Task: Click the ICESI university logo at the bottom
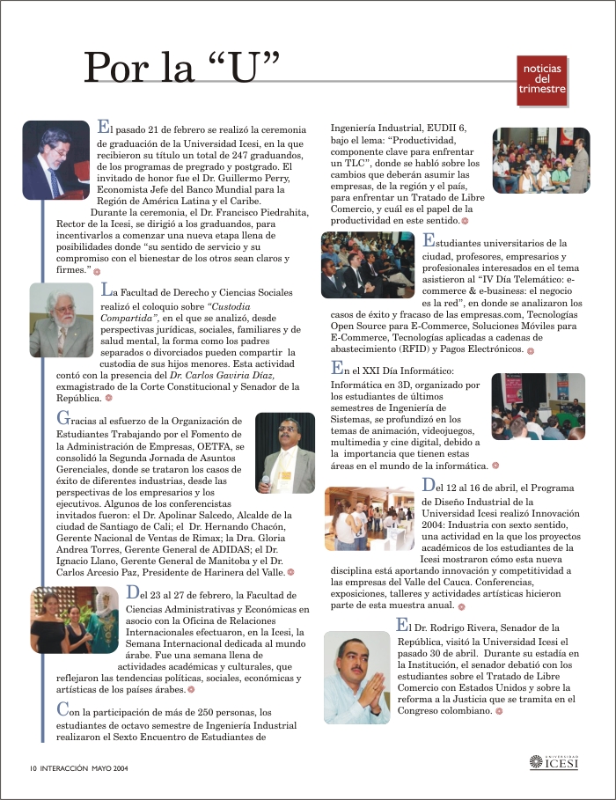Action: point(554,762)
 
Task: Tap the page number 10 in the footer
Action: point(33,767)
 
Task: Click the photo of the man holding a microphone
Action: point(284,453)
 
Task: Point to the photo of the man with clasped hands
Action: point(356,678)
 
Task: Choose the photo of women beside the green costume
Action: point(74,620)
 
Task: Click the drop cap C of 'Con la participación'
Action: point(62,708)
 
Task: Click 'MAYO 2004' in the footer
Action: point(109,767)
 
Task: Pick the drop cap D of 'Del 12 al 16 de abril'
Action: point(429,485)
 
